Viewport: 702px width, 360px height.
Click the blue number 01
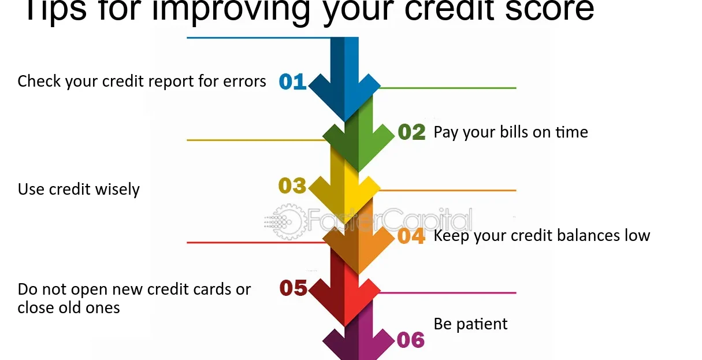(x=292, y=81)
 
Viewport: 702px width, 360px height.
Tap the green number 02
(x=411, y=132)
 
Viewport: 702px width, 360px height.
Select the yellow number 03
(x=292, y=185)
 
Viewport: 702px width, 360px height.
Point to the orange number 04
(x=411, y=236)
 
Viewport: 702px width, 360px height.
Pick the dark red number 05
(x=293, y=288)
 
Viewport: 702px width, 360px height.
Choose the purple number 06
(x=411, y=340)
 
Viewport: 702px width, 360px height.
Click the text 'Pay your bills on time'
(x=511, y=132)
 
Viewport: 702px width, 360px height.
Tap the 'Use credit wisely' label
(x=79, y=190)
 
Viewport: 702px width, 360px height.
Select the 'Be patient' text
(x=470, y=324)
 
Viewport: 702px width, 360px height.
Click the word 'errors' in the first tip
(x=244, y=81)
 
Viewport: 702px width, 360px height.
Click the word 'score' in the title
(x=549, y=10)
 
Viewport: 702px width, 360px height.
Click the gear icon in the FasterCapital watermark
(x=288, y=221)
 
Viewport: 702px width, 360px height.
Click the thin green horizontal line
(x=447, y=88)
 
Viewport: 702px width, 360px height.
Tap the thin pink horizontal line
(x=447, y=293)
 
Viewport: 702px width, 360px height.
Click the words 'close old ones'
(x=69, y=307)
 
